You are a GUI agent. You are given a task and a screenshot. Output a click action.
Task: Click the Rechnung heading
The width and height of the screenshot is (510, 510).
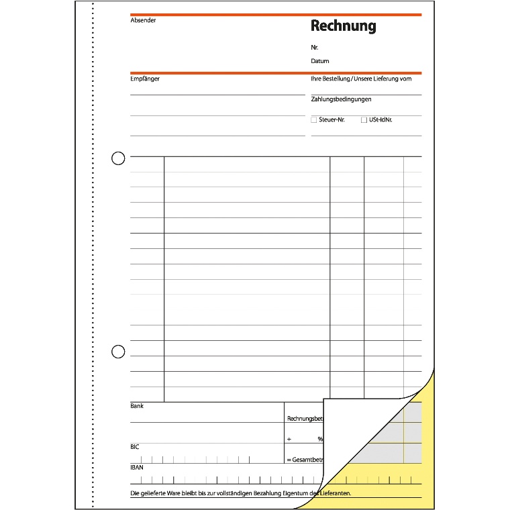tap(343, 26)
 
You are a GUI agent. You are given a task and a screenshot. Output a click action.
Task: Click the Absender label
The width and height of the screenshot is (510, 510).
tap(143, 20)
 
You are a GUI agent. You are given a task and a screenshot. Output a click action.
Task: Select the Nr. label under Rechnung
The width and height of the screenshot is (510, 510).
tap(315, 48)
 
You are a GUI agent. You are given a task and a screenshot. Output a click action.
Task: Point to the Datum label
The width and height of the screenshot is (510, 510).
tap(320, 61)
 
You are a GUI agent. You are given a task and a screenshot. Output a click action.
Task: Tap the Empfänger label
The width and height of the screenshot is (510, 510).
tap(145, 79)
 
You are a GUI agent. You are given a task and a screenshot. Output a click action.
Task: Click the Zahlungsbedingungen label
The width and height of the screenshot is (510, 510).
tap(342, 99)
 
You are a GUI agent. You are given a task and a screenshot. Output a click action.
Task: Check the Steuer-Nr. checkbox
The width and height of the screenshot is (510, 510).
tap(314, 120)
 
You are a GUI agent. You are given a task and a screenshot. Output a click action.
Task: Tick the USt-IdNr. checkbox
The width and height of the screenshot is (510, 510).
tap(364, 120)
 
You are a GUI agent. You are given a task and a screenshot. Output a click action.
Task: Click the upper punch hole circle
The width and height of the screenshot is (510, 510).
tap(118, 158)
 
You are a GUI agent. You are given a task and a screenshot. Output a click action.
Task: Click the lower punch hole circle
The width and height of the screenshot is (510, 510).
tap(118, 351)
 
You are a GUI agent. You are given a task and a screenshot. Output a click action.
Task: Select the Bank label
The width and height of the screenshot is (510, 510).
tap(137, 406)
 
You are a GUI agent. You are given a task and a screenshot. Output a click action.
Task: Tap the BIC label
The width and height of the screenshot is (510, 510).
tap(135, 446)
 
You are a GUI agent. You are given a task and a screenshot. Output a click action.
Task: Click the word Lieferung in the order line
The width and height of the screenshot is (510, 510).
tap(386, 79)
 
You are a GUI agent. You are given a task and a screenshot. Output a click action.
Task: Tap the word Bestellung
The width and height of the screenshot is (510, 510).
tap(336, 79)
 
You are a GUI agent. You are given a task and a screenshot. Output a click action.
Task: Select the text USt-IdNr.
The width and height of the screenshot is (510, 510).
tap(380, 119)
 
